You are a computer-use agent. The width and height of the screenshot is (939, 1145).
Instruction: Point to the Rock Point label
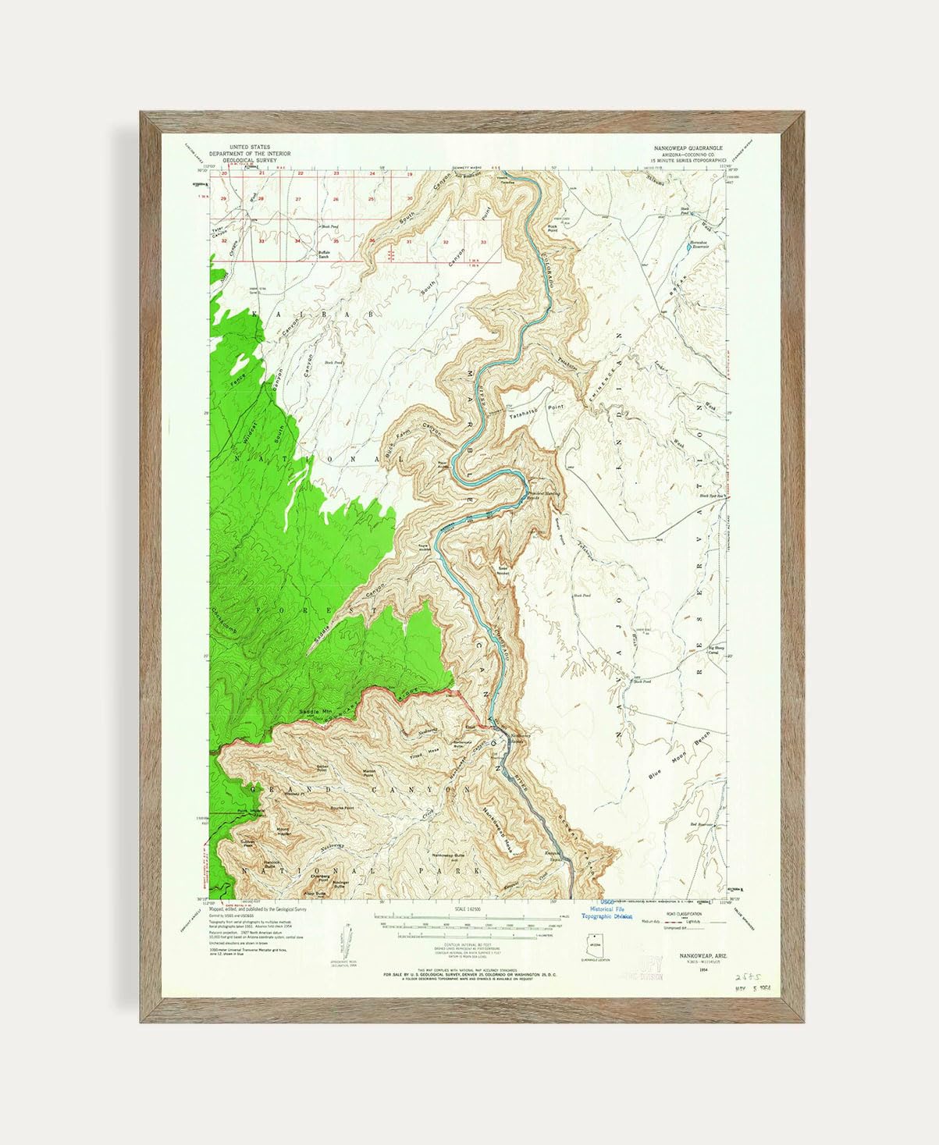pyautogui.click(x=553, y=229)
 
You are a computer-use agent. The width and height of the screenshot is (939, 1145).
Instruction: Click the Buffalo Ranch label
pyautogui.click(x=323, y=254)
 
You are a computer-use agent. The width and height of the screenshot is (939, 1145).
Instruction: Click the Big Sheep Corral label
pyautogui.click(x=715, y=649)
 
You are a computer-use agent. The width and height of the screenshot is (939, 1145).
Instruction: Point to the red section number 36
pyautogui.click(x=373, y=241)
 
